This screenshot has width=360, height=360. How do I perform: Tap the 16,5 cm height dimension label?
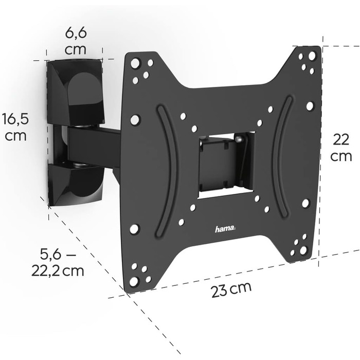pyautogui.click(x=15, y=128)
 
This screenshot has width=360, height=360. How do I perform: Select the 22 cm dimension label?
pyautogui.click(x=341, y=148)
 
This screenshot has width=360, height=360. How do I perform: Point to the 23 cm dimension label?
pyautogui.click(x=231, y=289)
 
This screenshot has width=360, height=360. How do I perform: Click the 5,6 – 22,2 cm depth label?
pyautogui.click(x=58, y=262)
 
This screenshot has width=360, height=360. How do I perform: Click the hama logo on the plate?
pyautogui.click(x=225, y=229)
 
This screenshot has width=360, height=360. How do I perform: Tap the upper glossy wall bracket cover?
pyautogui.click(x=75, y=92)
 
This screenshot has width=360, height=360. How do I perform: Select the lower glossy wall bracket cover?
pyautogui.click(x=76, y=183)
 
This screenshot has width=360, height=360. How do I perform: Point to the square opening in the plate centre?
pyautogui.click(x=226, y=165)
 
